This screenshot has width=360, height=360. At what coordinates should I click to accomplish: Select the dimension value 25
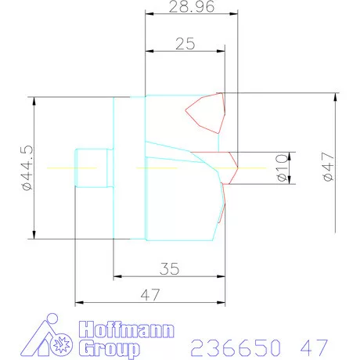tap(185, 45)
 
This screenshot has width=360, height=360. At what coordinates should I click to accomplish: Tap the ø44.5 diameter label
tap(26, 167)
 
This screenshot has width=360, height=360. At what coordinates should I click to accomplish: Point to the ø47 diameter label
tap(329, 167)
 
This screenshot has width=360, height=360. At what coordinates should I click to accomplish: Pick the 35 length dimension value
tap(168, 268)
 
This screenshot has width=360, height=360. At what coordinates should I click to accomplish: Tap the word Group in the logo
tap(110, 348)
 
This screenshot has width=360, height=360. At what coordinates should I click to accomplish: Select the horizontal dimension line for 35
tap(168, 275)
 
